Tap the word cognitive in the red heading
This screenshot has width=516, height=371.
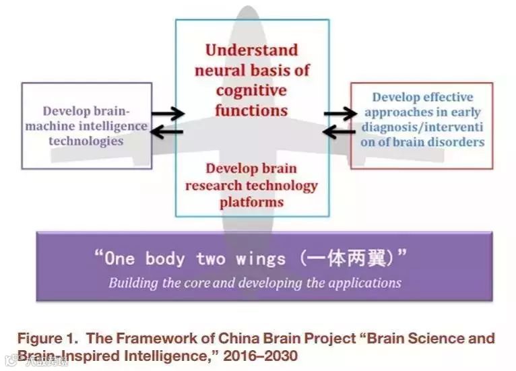tap(251, 90)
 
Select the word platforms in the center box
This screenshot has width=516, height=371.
tap(251, 201)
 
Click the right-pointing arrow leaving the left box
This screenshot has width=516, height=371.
tap(166, 114)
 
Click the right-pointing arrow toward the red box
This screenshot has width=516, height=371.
tap(340, 114)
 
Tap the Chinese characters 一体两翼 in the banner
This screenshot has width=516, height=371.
tap(344, 259)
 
